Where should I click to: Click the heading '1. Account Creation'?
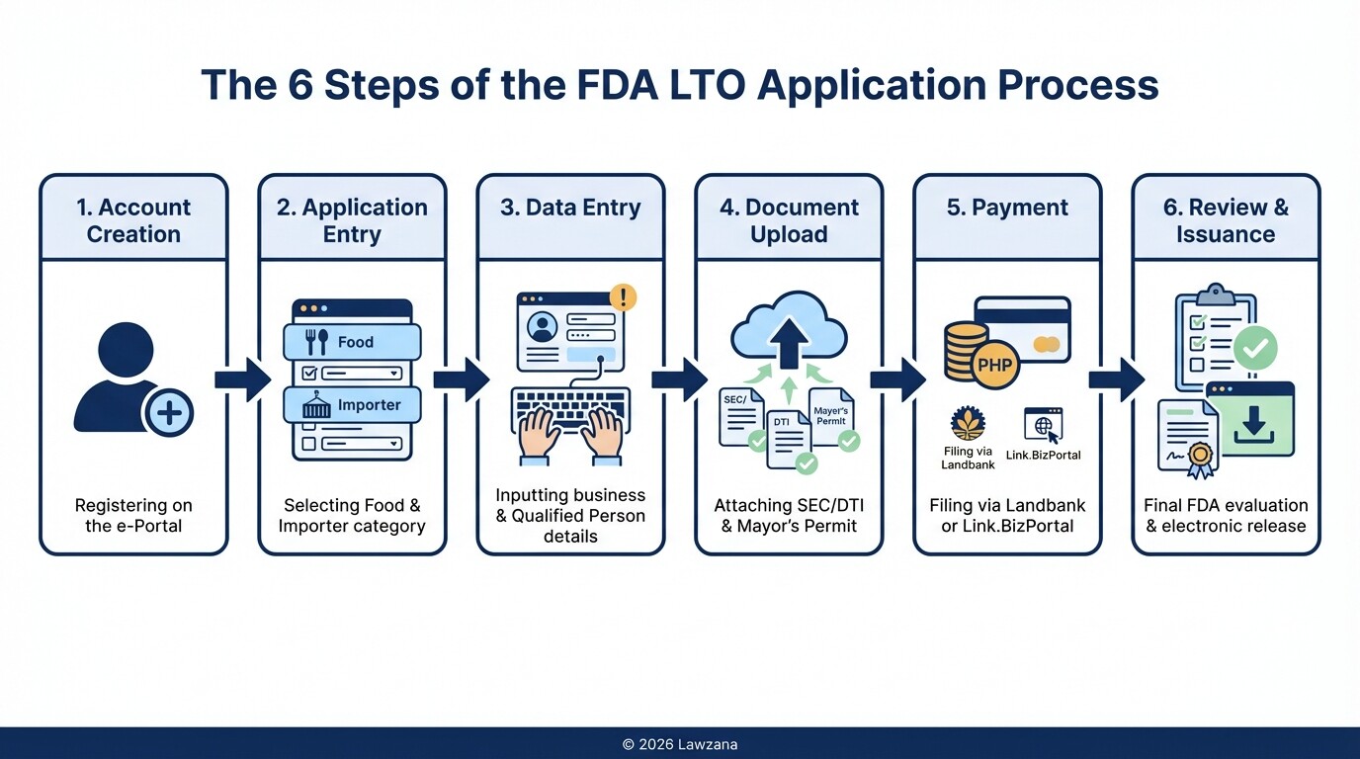click(133, 220)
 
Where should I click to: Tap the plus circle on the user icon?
click(169, 412)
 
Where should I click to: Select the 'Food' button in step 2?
click(352, 342)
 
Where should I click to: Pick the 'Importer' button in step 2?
click(352, 405)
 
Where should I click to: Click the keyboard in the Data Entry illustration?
click(570, 409)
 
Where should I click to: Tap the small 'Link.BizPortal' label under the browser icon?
click(1044, 455)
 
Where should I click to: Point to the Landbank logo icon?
click(968, 423)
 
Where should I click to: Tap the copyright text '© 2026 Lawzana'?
click(680, 744)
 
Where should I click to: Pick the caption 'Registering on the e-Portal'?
click(133, 515)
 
